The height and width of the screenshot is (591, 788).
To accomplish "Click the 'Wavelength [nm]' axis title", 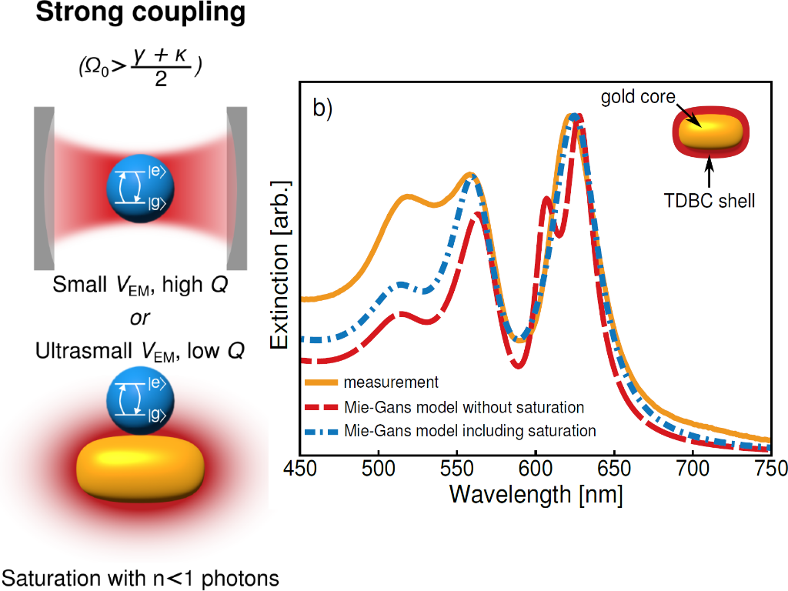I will pyautogui.click(x=536, y=493).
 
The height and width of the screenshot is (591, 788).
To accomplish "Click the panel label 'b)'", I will pyautogui.click(x=322, y=109).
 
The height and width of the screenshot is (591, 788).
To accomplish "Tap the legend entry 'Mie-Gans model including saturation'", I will pyautogui.click(x=470, y=431).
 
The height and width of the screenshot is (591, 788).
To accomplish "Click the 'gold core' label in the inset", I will pyautogui.click(x=638, y=97).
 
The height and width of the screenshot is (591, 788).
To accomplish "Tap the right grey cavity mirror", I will pyautogui.click(x=236, y=189).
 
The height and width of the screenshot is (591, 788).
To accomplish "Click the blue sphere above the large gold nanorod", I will pyautogui.click(x=140, y=402).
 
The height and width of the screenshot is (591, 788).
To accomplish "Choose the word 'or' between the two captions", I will pyautogui.click(x=139, y=319).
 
